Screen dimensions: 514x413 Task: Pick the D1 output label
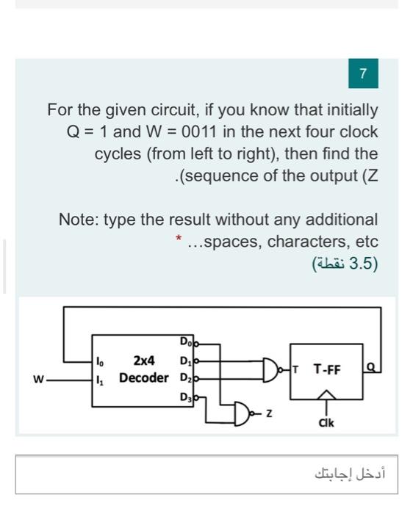(x=184, y=361)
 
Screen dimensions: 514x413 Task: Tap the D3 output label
(x=184, y=397)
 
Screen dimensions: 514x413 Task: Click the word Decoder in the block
(x=143, y=378)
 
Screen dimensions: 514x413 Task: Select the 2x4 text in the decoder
(x=143, y=361)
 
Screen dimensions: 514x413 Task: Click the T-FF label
(x=327, y=369)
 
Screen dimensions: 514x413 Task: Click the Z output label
(x=270, y=415)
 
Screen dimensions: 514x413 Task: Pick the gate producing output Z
(x=244, y=414)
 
